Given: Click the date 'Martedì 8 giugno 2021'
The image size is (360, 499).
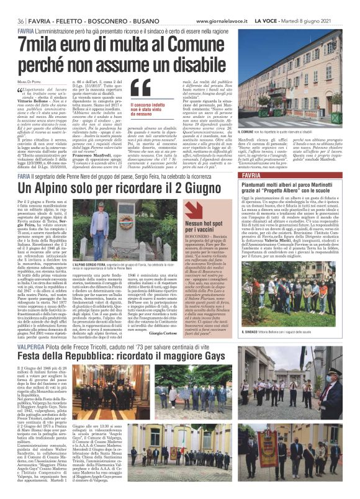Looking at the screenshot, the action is click(x=314, y=21).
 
